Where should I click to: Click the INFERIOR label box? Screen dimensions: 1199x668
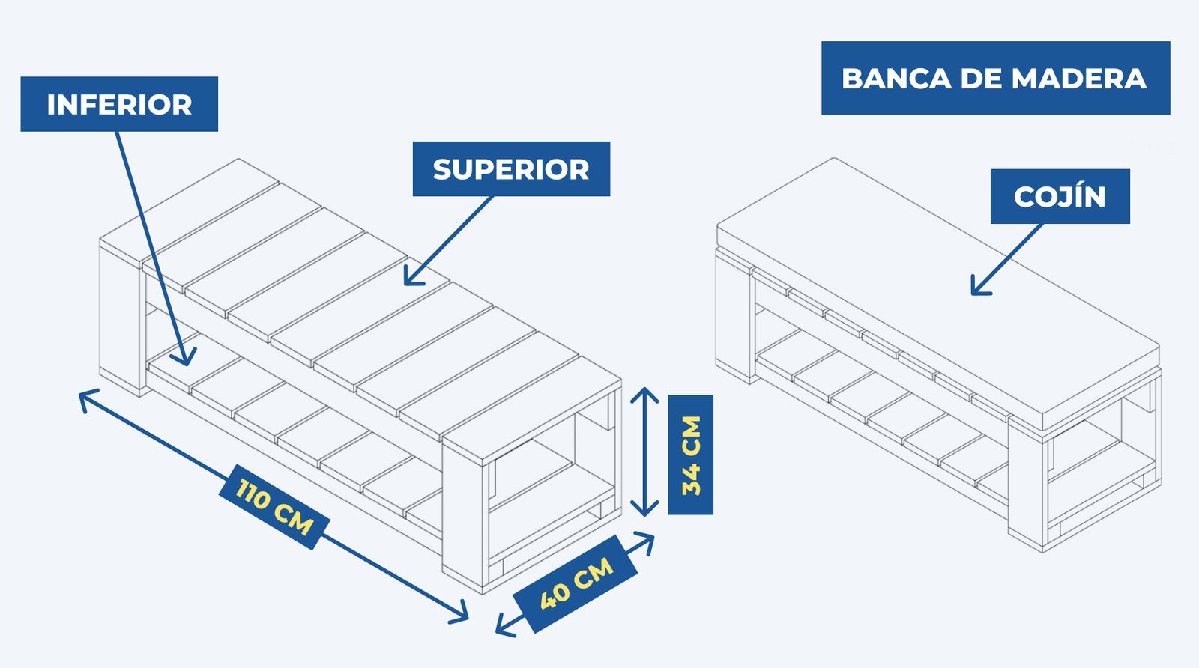pyautogui.click(x=119, y=104)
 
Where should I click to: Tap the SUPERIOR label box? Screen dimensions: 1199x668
pyautogui.click(x=511, y=169)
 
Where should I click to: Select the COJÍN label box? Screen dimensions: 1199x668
pyautogui.click(x=1060, y=196)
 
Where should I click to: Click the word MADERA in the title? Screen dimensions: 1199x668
pyautogui.click(x=1078, y=79)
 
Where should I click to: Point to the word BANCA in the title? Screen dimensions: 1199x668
pyautogui.click(x=896, y=79)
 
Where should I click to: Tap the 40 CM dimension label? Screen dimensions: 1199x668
pyautogui.click(x=576, y=583)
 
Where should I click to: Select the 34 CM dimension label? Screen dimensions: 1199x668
pyautogui.click(x=690, y=455)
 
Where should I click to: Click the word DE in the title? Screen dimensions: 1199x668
pyautogui.click(x=981, y=79)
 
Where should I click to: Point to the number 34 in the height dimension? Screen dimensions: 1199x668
pyautogui.click(x=691, y=480)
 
